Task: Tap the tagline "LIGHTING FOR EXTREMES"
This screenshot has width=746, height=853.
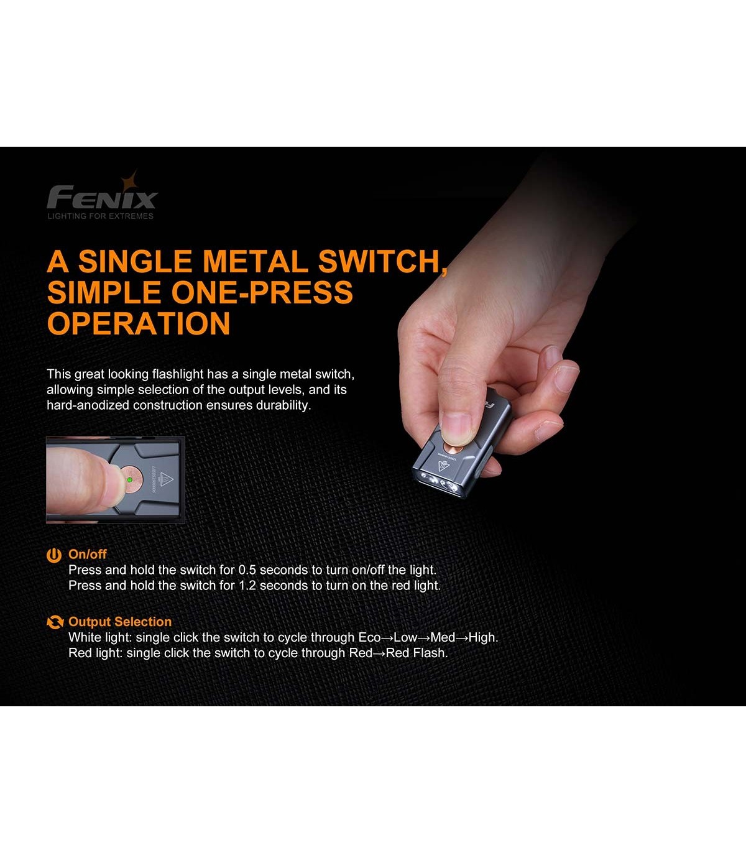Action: pos(101,216)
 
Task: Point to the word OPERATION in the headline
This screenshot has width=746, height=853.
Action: pos(139,323)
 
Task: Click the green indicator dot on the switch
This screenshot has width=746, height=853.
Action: pos(129,480)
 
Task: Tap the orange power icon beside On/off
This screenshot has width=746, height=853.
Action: pos(54,555)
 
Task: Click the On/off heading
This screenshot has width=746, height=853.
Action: pos(88,554)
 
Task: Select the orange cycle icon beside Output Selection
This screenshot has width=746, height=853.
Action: pos(55,622)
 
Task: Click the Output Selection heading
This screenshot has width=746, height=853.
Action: pos(120,622)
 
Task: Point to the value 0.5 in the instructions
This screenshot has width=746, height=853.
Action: pos(247,570)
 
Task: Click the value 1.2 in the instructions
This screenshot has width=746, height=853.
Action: pos(247,585)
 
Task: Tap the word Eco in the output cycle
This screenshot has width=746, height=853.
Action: pos(370,637)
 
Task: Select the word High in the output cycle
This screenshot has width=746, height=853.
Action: pos(483,637)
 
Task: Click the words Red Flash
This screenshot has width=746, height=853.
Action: pos(417,653)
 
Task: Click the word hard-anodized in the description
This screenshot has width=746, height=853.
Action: pos(88,405)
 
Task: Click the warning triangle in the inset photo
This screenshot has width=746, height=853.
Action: pos(166,479)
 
